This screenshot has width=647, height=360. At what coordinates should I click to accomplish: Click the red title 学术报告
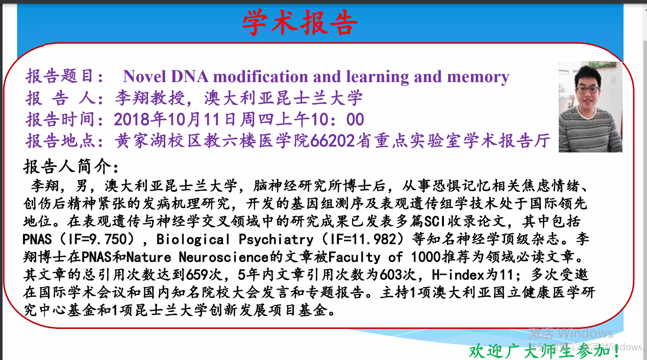click(x=300, y=22)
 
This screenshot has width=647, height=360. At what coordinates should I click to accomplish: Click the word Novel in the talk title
click(x=144, y=76)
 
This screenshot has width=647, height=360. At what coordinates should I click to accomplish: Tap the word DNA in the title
click(x=189, y=76)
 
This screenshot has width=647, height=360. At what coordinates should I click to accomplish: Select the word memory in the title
click(x=478, y=78)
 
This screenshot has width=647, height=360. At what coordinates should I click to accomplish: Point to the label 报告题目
click(x=59, y=76)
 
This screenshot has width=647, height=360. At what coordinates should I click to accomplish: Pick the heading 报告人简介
click(x=67, y=167)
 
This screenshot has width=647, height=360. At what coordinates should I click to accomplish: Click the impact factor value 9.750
click(x=108, y=239)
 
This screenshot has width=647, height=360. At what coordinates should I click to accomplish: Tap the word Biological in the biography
click(x=193, y=239)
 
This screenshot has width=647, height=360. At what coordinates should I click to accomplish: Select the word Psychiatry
click(x=276, y=239)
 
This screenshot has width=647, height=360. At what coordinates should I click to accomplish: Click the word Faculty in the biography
click(x=354, y=257)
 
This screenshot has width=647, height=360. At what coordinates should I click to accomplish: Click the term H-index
click(x=458, y=275)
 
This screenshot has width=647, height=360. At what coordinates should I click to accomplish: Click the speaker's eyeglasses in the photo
click(x=588, y=90)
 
